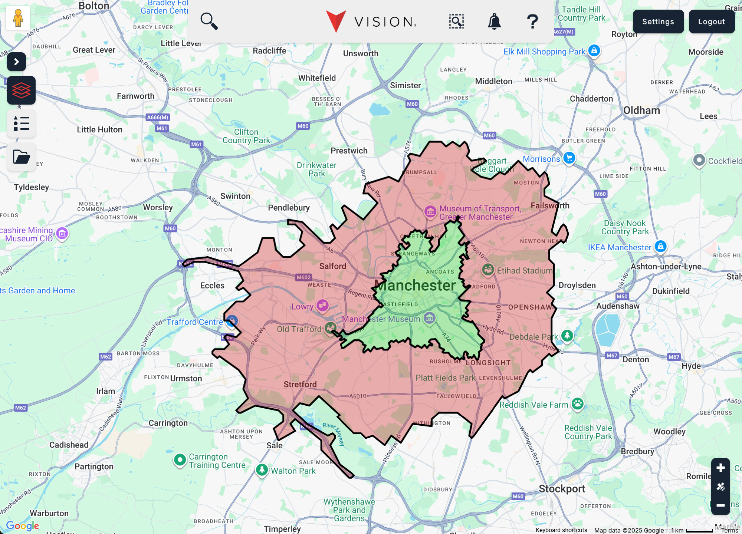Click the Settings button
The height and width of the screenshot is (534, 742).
pos(658,22)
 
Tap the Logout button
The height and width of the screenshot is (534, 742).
pos(711,22)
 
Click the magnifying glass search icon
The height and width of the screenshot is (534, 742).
pos(209,21)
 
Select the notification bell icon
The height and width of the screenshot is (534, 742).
pos(494,22)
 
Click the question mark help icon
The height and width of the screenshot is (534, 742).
pos(532,22)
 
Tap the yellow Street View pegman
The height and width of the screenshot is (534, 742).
pos(18,18)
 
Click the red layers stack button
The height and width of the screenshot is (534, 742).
pos(21,90)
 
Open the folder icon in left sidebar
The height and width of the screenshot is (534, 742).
pos(21,156)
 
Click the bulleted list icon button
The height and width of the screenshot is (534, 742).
pos(21,123)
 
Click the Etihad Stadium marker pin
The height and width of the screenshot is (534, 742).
pos(488,270)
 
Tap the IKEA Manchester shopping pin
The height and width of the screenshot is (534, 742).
pos(660,246)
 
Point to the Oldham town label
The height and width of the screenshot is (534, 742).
pos(641,111)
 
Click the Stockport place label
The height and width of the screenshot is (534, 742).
pos(562,489)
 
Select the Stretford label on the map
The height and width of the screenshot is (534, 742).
pos(300,384)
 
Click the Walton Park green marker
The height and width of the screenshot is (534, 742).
pos(262,470)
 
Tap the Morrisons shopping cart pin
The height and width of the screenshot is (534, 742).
pos(569,158)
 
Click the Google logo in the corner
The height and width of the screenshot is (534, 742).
pos(23,525)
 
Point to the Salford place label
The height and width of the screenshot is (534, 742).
pos(332,266)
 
